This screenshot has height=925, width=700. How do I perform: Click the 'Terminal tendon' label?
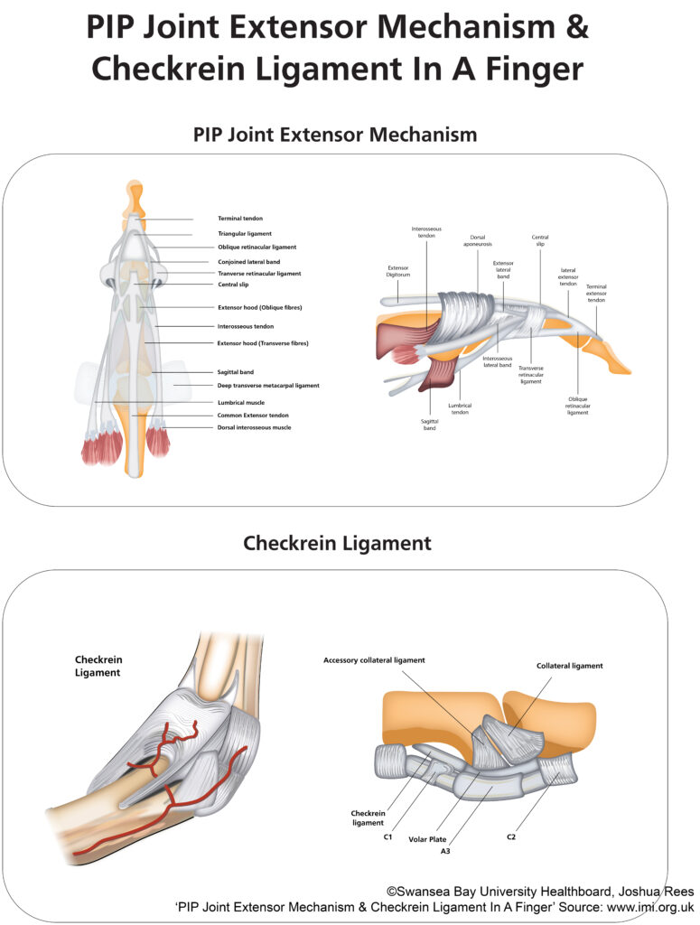tap(240, 219)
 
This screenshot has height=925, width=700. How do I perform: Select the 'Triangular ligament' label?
tap(245, 234)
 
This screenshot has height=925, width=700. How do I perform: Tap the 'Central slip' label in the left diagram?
tap(233, 285)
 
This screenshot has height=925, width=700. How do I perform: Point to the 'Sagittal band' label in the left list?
tap(236, 372)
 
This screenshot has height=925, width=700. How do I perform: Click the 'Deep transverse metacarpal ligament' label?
tap(268, 386)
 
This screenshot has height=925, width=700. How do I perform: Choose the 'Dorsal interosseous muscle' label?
tap(254, 427)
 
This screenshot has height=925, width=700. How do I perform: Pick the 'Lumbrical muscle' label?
tap(240, 403)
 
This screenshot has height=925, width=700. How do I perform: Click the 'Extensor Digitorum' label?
tap(398, 271)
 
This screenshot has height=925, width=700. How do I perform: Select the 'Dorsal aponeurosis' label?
tap(478, 240)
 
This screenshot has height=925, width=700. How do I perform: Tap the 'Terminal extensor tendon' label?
tap(596, 294)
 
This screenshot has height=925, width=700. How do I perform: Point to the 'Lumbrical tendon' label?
tap(460, 409)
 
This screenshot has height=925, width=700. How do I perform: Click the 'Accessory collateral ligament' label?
tap(374, 660)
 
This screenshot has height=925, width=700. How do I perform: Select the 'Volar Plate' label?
tap(427, 839)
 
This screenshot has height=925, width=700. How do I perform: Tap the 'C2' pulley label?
tap(511, 837)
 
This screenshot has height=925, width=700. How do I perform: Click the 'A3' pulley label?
tap(445, 851)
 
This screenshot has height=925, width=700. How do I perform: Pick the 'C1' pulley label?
tap(388, 837)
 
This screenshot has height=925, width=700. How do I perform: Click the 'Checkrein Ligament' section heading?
tap(337, 543)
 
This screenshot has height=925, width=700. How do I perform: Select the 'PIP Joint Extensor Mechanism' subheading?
tap(335, 135)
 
